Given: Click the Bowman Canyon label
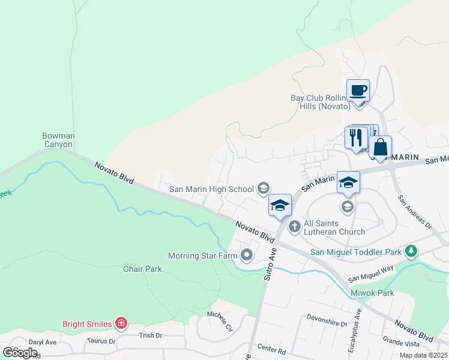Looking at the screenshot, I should tap(58, 140).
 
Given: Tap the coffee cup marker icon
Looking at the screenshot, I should tap(358, 91).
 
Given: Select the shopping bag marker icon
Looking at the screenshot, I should tap(380, 147).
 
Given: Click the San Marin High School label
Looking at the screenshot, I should tap(211, 189).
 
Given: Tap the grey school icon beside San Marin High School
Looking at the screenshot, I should tap(262, 189).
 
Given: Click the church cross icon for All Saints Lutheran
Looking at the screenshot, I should tap(294, 226).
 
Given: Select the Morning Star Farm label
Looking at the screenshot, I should tap(203, 256).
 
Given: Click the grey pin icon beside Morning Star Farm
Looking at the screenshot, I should tap(247, 256).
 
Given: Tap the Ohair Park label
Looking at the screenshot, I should tap(142, 269).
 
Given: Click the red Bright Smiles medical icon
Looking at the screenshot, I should tap(121, 324).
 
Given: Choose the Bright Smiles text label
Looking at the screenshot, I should tap(87, 324).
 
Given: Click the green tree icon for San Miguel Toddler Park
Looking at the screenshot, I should tap(411, 251).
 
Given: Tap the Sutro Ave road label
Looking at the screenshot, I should tap(268, 266).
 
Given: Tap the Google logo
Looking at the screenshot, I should tap(20, 352).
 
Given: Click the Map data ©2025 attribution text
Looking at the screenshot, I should tap(423, 355).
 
